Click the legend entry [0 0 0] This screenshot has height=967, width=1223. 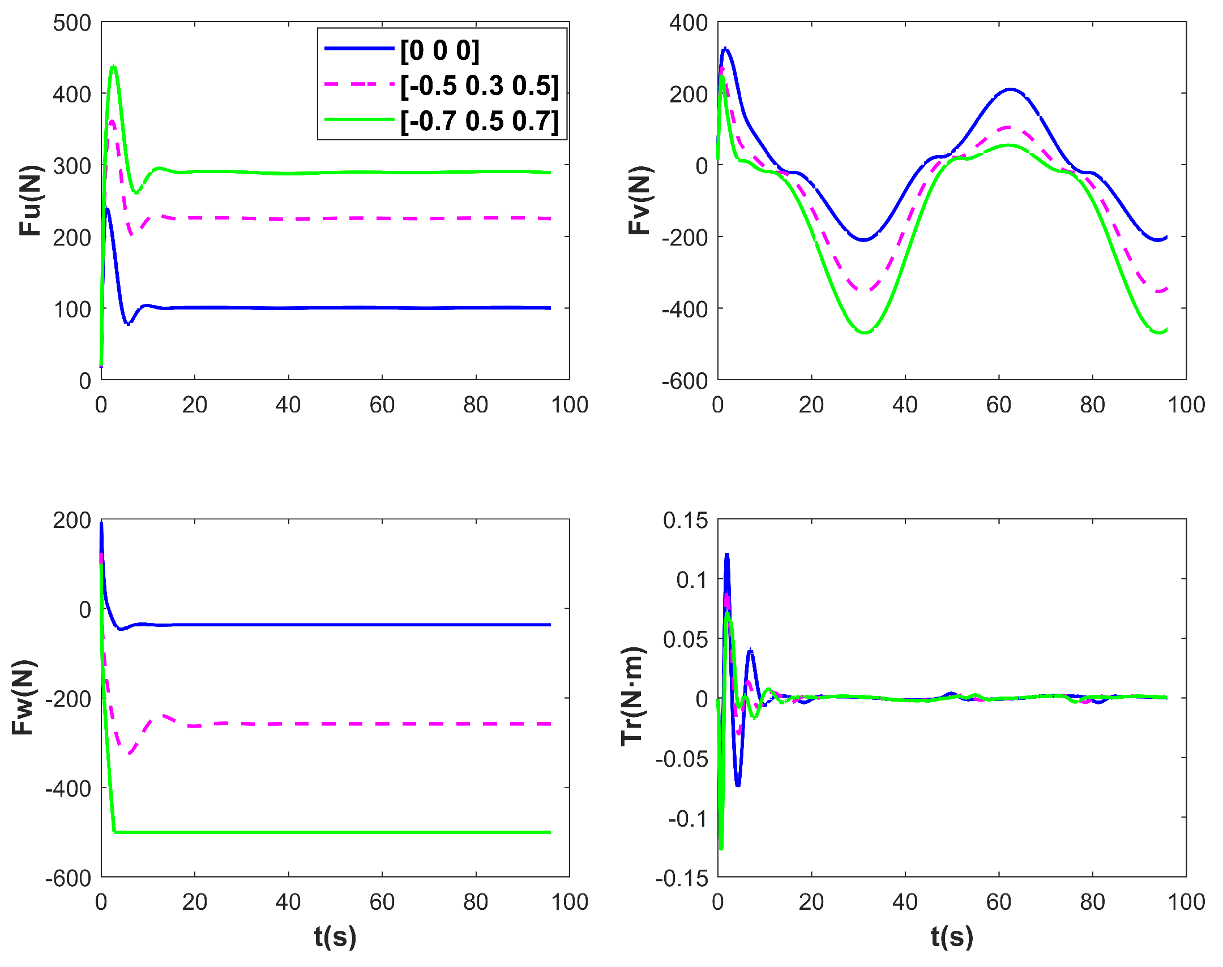tap(439, 50)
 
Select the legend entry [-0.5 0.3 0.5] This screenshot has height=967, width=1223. tap(479, 86)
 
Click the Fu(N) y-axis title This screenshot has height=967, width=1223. tap(31, 200)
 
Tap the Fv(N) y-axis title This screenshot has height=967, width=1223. tap(640, 200)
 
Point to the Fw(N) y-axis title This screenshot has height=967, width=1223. tap(24, 698)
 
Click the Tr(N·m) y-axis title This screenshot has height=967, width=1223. tap(633, 697)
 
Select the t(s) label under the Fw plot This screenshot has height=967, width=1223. tap(335, 936)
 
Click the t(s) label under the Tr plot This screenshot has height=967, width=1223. tap(952, 936)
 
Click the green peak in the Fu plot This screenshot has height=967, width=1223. tap(114, 67)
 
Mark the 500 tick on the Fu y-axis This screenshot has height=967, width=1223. tap(72, 23)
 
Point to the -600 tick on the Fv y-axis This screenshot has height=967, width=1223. tap(685, 381)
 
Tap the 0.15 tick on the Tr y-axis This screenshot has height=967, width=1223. tap(686, 521)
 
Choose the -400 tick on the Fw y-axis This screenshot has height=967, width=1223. tap(68, 788)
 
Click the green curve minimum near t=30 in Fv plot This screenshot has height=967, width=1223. tap(865, 332)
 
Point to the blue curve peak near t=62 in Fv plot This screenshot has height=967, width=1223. tap(1010, 89)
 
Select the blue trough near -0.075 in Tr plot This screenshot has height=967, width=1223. tap(738, 785)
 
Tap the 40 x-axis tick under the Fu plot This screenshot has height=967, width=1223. tap(288, 405)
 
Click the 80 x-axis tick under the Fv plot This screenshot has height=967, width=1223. tap(1092, 405)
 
